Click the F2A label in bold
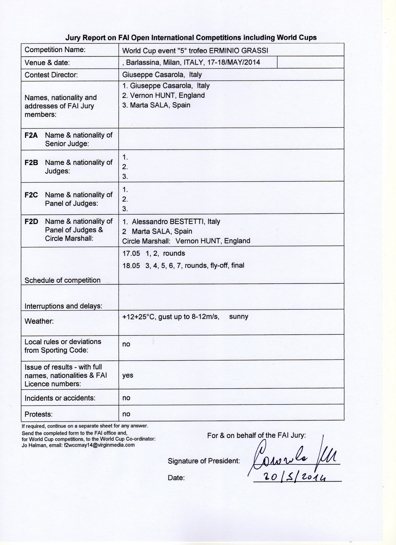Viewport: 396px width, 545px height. point(31,135)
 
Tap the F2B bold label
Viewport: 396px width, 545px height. point(31,163)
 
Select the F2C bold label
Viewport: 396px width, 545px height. point(31,195)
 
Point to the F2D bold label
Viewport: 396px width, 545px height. point(31,221)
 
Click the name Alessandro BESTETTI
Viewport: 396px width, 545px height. point(168,222)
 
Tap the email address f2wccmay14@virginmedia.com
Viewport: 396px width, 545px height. point(99,445)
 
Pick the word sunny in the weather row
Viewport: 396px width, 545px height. point(239,317)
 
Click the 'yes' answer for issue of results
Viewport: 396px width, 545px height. point(128,375)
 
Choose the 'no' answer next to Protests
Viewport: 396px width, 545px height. point(126,414)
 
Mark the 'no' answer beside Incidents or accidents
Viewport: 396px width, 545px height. point(126,398)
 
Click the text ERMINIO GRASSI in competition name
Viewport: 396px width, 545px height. point(238,51)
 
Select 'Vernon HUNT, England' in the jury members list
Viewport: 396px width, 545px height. point(167,95)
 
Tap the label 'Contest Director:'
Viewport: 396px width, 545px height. point(51,75)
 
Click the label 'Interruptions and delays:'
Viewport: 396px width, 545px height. point(63,306)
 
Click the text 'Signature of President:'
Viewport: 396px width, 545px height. point(204,461)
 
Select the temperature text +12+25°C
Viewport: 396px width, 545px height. point(139,317)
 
